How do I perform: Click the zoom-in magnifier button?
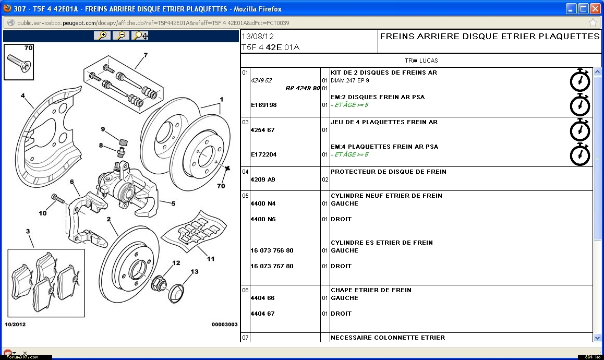(103, 35)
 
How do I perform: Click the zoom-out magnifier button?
(121, 35)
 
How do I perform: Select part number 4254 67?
(262, 130)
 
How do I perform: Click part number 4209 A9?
(263, 179)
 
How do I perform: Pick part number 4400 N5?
(263, 219)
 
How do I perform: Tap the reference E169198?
(263, 105)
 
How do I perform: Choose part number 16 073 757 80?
(272, 266)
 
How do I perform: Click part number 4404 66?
(262, 298)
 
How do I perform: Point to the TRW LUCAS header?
(421, 61)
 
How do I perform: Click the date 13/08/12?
(257, 37)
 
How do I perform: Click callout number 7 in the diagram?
(146, 55)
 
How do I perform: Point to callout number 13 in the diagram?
(194, 272)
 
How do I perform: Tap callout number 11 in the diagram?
(210, 258)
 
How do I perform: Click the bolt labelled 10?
(57, 198)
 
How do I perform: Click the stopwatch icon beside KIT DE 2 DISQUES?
(579, 80)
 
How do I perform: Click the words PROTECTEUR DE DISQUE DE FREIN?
(388, 172)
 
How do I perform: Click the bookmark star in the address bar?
(593, 23)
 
